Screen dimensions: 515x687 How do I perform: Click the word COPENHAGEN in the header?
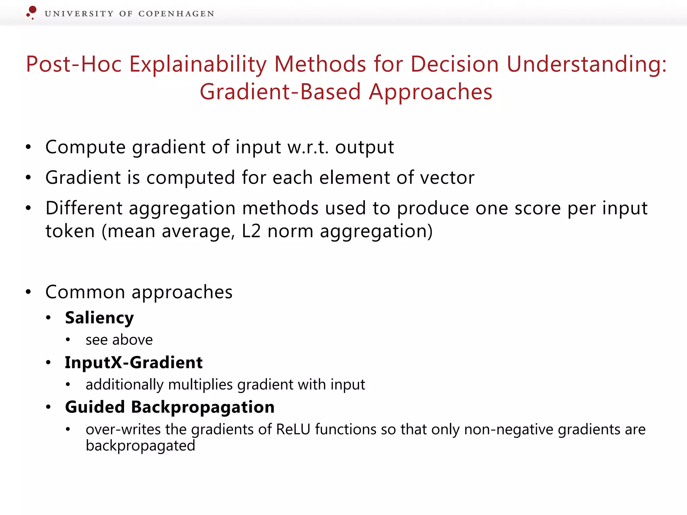(176, 14)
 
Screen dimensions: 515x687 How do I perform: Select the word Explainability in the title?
(198, 64)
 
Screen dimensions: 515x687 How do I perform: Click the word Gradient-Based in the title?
(280, 92)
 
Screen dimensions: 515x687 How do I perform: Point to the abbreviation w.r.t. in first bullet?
(308, 147)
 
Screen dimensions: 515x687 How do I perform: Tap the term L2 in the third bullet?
(251, 231)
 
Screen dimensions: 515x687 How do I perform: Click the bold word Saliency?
(99, 318)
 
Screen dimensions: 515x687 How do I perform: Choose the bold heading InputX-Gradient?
(134, 362)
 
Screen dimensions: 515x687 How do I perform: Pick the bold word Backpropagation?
(203, 407)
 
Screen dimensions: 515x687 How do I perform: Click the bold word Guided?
(95, 407)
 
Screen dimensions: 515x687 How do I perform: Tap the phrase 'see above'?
(119, 340)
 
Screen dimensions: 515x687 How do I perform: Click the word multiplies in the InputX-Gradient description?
(200, 385)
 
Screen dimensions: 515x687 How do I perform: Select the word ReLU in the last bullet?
(293, 429)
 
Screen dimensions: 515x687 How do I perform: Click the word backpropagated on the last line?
(140, 446)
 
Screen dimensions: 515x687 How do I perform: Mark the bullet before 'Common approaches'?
(29, 292)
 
